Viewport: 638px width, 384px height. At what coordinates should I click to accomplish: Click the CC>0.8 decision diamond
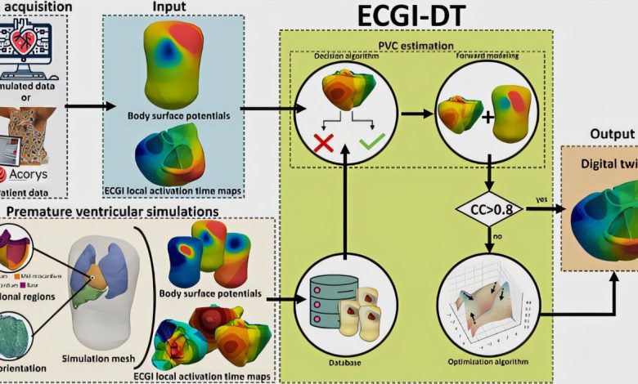pos(488,209)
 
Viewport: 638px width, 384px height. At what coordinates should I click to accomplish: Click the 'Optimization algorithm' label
pos(488,361)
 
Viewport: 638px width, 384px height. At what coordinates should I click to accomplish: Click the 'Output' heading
pos(613,134)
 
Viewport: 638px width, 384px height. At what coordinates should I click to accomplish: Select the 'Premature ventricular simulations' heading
pos(112,211)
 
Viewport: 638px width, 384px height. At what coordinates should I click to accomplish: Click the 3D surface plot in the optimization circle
pos(488,310)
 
